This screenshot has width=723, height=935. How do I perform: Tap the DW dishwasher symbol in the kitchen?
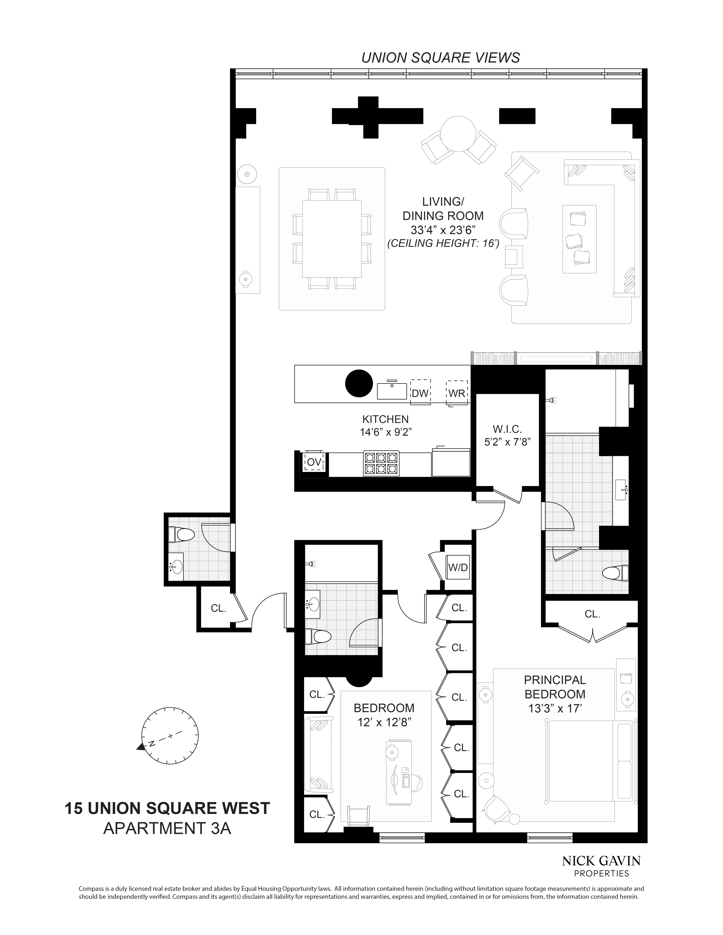click(420, 393)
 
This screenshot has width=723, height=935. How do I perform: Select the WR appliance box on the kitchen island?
click(457, 393)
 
